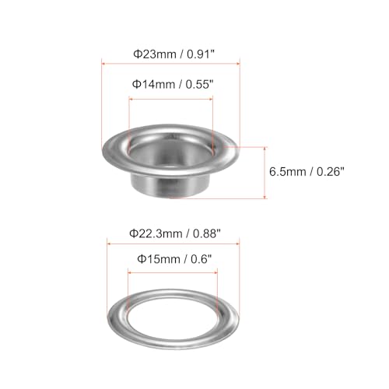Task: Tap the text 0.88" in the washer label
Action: pyautogui.click(x=205, y=232)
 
